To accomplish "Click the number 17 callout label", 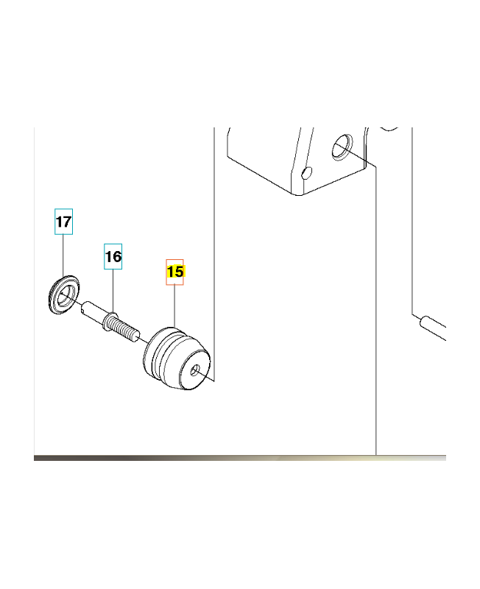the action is [x=63, y=222].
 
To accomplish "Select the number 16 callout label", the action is [x=113, y=256].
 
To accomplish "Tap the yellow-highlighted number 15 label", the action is [x=175, y=272].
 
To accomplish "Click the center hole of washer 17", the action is [x=65, y=294].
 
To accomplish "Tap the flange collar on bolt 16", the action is [x=109, y=321].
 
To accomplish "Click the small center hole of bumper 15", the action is [x=195, y=371].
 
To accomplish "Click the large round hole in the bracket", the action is [x=342, y=147].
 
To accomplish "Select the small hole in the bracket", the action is [x=306, y=173].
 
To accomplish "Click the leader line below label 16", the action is [x=113, y=291].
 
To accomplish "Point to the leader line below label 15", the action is [x=174, y=306].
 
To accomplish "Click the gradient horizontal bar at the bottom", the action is [x=240, y=458].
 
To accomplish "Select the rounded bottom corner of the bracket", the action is [x=298, y=193].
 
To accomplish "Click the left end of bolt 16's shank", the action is [x=84, y=306].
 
